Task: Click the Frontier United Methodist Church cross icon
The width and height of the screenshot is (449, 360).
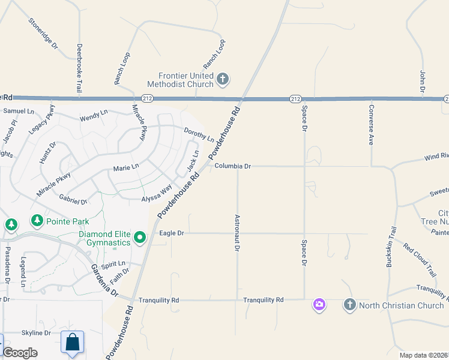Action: click(223, 79)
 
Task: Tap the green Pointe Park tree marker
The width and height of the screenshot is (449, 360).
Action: click(37, 221)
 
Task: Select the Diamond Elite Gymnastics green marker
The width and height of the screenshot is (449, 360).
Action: click(140, 238)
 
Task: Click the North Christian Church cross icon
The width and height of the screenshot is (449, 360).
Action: click(349, 305)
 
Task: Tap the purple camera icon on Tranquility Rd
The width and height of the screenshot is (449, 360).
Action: click(319, 305)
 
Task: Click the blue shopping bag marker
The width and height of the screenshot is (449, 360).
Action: click(72, 343)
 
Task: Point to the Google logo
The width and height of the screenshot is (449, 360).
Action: click(20, 353)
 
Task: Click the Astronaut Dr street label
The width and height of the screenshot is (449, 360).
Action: click(238, 233)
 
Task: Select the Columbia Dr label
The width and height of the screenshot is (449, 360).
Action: click(232, 166)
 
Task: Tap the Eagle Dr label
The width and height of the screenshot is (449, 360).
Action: click(172, 233)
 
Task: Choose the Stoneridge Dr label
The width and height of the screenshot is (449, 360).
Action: click(43, 33)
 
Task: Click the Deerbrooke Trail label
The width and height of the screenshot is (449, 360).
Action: click(79, 68)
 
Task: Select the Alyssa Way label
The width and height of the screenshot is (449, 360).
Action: click(157, 197)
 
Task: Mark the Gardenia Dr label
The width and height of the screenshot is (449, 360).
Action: click(105, 280)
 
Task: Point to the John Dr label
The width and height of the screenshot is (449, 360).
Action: click(423, 81)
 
